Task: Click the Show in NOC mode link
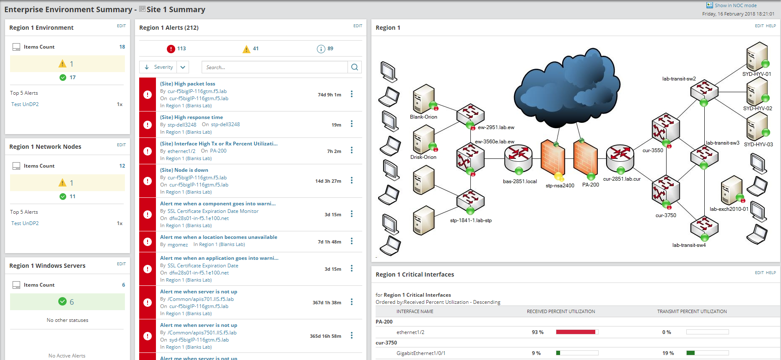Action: pyautogui.click(x=735, y=5)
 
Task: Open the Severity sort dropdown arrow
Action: pyautogui.click(x=183, y=67)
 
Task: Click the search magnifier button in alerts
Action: pyautogui.click(x=355, y=67)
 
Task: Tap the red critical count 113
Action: pyautogui.click(x=181, y=49)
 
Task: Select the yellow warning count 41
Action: pyautogui.click(x=255, y=49)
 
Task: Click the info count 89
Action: pyautogui.click(x=330, y=49)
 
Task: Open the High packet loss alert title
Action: pyautogui.click(x=187, y=84)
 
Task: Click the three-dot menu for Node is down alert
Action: pyautogui.click(x=352, y=180)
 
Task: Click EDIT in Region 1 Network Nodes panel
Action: pyautogui.click(x=121, y=145)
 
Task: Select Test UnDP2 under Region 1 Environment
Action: pyautogui.click(x=25, y=104)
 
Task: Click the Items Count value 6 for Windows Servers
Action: pyautogui.click(x=123, y=285)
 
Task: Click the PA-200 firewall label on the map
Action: pyautogui.click(x=590, y=185)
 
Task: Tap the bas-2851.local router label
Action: pyautogui.click(x=520, y=181)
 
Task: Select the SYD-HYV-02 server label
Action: pyautogui.click(x=758, y=109)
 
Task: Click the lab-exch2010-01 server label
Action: pyautogui.click(x=729, y=209)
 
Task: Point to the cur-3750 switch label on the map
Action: pyautogui.click(x=666, y=215)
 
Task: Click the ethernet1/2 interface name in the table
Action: pyautogui.click(x=410, y=332)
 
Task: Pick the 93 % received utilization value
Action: pyautogui.click(x=537, y=332)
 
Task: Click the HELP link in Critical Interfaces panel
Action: pyautogui.click(x=771, y=273)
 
